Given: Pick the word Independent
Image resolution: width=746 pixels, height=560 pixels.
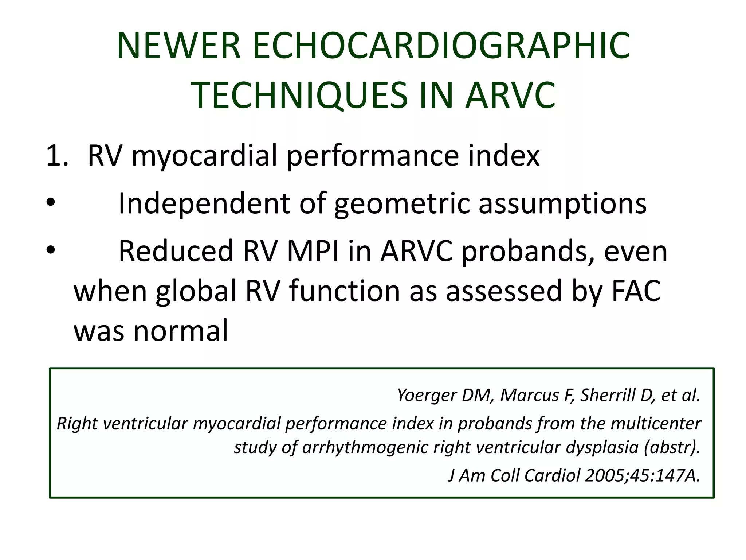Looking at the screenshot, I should (x=204, y=203).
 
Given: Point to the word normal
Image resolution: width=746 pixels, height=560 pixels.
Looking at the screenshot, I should (x=181, y=330).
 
